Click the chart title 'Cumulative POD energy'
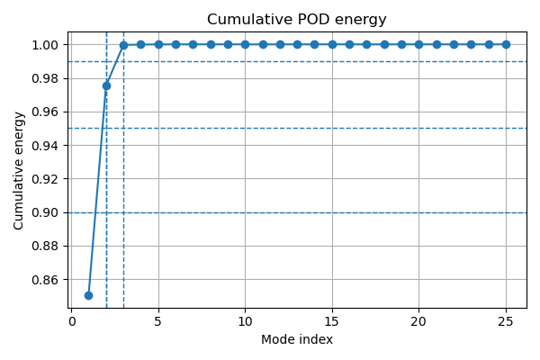click(297, 20)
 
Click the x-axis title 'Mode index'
click(297, 339)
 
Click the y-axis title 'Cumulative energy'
click(19, 170)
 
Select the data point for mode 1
click(88, 295)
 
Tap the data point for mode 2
click(106, 85)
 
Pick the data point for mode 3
click(123, 45)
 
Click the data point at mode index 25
click(506, 44)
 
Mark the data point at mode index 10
click(245, 44)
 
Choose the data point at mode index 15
click(332, 44)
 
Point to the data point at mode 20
click(418, 44)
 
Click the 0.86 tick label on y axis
click(46, 280)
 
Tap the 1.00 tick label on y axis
click(46, 45)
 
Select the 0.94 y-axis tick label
click(46, 146)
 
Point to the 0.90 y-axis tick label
click(46, 212)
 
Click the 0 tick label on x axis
click(71, 321)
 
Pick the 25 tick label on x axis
click(506, 321)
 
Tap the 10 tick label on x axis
click(245, 321)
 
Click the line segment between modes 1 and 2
click(97, 191)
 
